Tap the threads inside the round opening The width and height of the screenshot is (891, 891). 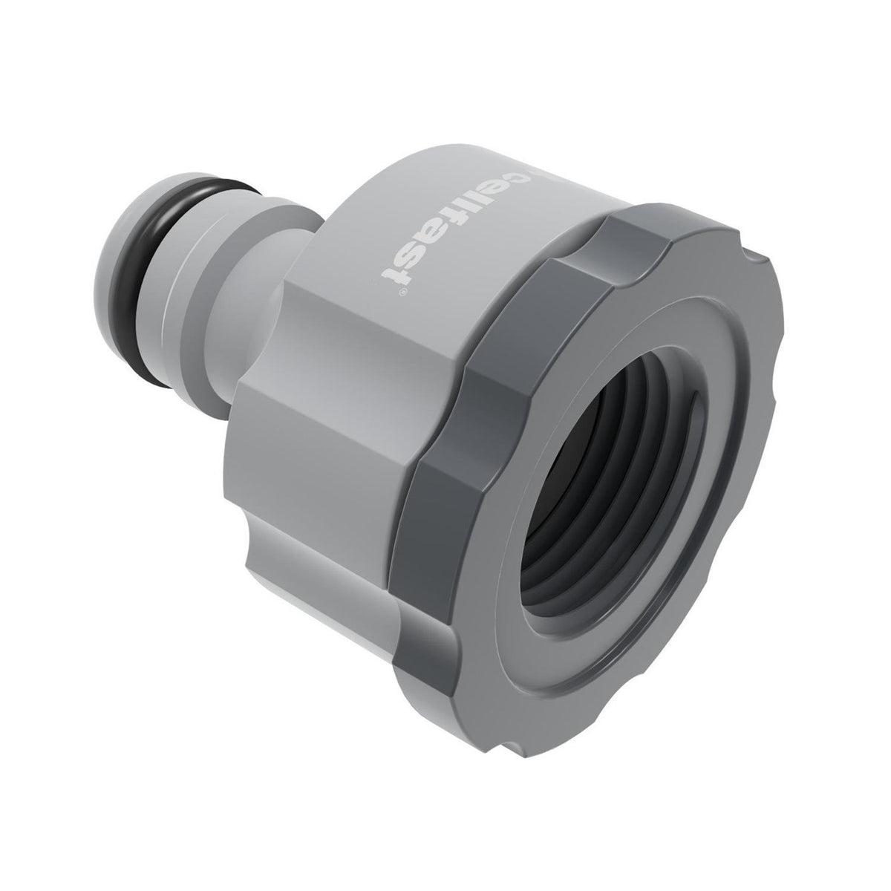594,416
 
